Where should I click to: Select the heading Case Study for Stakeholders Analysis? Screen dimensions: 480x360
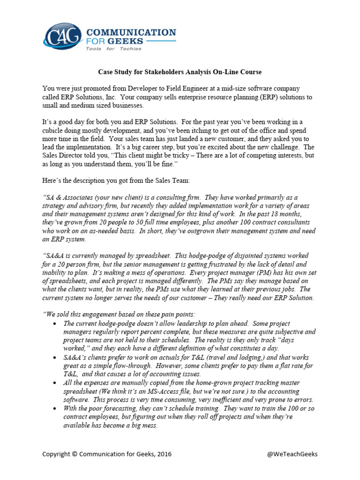[180, 72]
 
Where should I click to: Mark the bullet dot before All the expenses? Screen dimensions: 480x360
[56, 383]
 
